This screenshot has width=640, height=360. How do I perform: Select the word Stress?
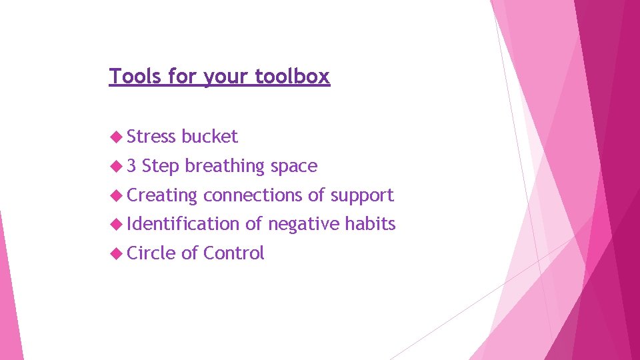tap(151, 137)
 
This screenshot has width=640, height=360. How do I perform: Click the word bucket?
tap(209, 137)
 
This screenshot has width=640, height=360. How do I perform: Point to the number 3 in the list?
tap(131, 166)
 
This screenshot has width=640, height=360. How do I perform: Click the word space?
tap(294, 167)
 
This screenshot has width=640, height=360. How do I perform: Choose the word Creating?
tap(162, 195)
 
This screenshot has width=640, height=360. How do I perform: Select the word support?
tap(362, 196)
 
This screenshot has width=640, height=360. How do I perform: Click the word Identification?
tap(183, 224)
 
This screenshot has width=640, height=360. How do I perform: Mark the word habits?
tap(370, 224)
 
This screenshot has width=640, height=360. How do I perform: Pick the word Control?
tap(234, 253)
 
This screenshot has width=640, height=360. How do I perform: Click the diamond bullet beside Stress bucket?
tap(116, 137)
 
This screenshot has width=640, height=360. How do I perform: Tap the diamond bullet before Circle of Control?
tap(116, 253)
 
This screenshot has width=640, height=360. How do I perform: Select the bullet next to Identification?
tap(116, 224)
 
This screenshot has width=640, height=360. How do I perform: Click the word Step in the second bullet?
tap(161, 167)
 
